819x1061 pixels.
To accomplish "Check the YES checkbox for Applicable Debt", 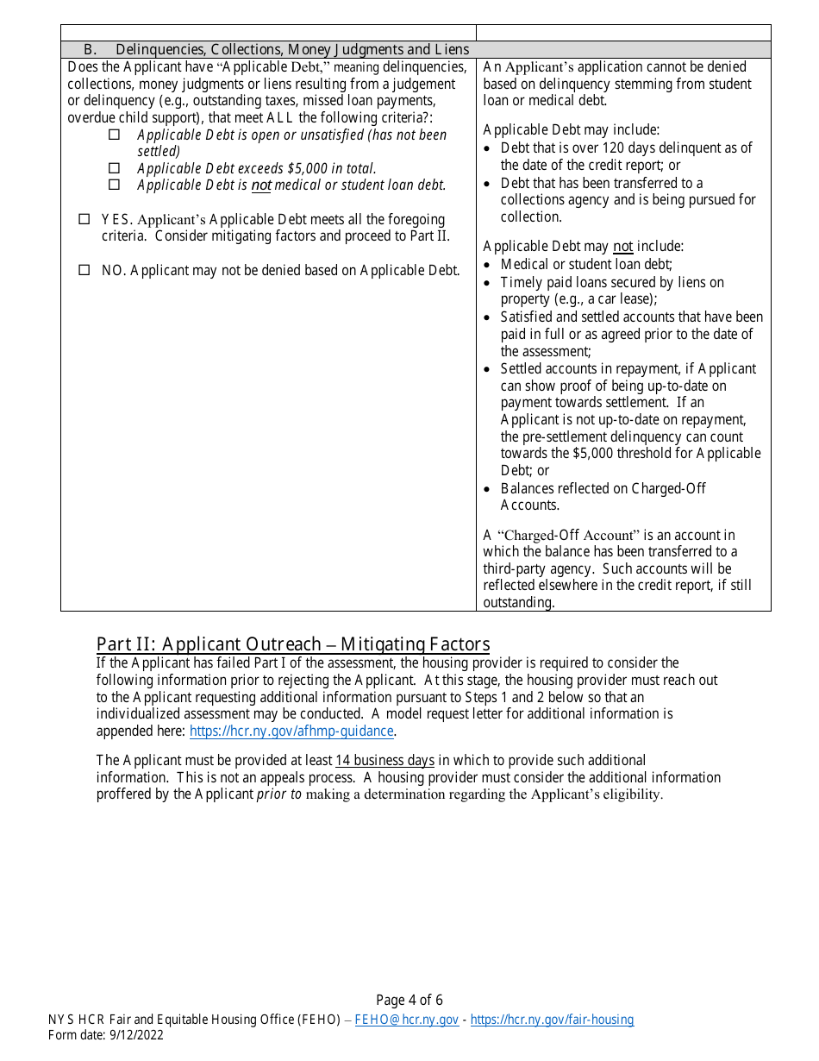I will coord(84,220).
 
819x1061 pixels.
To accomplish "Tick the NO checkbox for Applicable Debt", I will coord(84,270).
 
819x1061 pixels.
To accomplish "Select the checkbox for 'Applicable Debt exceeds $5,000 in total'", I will coord(114,168).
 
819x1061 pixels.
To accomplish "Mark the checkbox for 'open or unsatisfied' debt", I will coord(114,135).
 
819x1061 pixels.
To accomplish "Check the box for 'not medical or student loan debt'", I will coord(114,185).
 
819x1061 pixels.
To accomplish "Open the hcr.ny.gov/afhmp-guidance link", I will coord(291,731).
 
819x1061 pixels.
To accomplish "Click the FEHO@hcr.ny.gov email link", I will coord(406,1020).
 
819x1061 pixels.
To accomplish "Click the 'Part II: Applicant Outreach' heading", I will coord(293,644).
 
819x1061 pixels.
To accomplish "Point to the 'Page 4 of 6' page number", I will coord(409,1001).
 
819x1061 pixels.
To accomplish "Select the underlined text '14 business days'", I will coord(384,760).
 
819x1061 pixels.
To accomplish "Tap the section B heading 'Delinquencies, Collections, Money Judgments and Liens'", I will coord(292,49).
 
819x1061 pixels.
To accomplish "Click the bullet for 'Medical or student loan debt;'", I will coord(489,265).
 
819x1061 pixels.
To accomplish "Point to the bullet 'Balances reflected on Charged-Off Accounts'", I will coord(489,489).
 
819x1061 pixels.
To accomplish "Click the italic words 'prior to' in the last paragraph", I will coord(279,794).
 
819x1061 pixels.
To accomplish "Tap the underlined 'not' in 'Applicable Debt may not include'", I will coord(622,247).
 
